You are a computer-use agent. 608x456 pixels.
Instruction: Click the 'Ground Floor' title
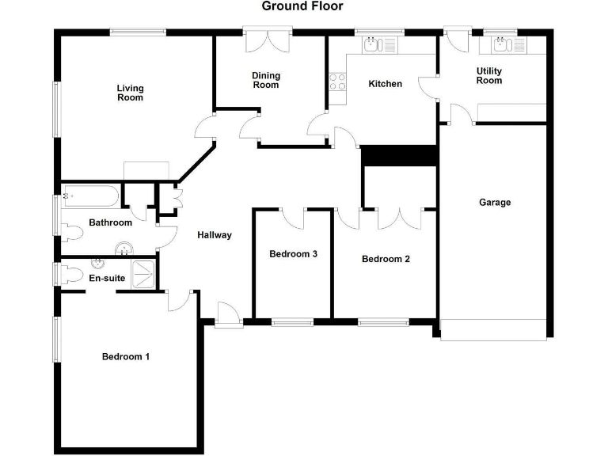(302, 6)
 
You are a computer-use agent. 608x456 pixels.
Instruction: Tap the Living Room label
(130, 93)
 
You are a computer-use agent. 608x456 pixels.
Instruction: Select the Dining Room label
(266, 80)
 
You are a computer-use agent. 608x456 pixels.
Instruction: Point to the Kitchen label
(385, 84)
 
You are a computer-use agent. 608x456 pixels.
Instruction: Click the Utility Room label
(488, 75)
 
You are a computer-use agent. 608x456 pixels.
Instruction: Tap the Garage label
(495, 203)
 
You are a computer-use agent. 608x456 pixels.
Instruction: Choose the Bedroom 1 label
(126, 357)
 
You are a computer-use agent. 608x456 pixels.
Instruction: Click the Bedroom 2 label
(386, 259)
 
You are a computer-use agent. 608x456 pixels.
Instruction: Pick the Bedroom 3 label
(293, 254)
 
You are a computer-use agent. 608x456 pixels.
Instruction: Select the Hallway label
(215, 235)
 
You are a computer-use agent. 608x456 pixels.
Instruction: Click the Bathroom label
(110, 223)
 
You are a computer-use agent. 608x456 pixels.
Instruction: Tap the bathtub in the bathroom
(90, 195)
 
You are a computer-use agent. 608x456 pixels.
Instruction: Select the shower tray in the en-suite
(143, 274)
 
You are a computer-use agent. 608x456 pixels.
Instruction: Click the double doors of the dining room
(267, 41)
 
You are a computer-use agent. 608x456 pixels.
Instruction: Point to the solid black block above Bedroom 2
(399, 156)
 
